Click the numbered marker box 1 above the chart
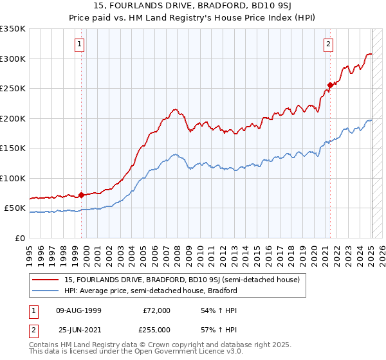[x=78, y=44]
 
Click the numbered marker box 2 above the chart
[x=328, y=44]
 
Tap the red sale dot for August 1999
[x=82, y=195]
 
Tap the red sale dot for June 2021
[x=330, y=85]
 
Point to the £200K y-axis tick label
[x=14, y=118]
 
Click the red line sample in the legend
[x=46, y=280]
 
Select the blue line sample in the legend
[x=46, y=291]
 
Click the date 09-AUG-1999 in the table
[x=79, y=310]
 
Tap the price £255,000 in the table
[x=158, y=329]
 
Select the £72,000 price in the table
[x=157, y=310]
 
